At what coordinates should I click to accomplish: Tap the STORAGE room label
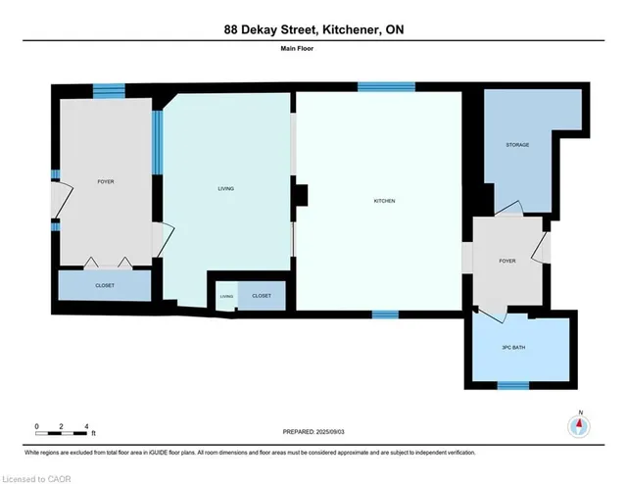click(x=517, y=145)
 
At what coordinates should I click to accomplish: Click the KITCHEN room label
click(x=384, y=201)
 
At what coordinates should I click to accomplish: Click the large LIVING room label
click(x=227, y=188)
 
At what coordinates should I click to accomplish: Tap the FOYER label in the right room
click(x=506, y=261)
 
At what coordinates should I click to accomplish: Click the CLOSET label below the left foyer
click(x=105, y=285)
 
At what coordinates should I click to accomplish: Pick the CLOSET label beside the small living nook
click(x=262, y=295)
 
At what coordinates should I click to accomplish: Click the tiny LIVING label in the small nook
click(x=227, y=295)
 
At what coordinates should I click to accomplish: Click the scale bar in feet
click(x=63, y=427)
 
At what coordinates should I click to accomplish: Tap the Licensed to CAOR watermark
click(x=38, y=477)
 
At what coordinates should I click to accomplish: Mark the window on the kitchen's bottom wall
click(x=385, y=315)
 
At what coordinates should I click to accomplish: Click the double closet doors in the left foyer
click(x=107, y=262)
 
